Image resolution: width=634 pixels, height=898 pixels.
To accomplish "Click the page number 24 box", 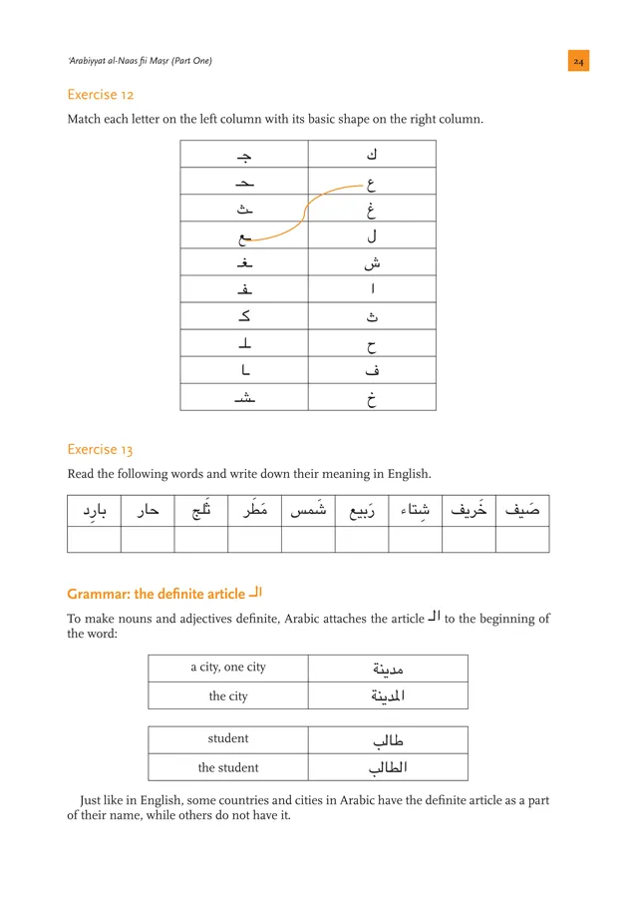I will coord(579,62).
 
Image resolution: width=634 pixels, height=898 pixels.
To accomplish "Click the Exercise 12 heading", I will coord(101,95).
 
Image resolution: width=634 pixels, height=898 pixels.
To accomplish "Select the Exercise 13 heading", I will coord(101,449).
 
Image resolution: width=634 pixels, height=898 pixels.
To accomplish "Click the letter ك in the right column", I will coord(372,154).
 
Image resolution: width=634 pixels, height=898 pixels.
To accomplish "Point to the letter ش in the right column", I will coord(372,263).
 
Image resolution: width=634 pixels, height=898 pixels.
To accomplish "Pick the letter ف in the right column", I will coord(372,370).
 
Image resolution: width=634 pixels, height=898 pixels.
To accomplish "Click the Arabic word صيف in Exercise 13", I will coord(522,511).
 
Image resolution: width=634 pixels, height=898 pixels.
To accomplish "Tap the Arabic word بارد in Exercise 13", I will coord(94,512).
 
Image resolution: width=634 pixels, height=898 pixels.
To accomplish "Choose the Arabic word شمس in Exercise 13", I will coord(308,512).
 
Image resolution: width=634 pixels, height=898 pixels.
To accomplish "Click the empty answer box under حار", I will coord(148,539).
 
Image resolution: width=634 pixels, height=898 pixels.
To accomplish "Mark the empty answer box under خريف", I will coord(469,539).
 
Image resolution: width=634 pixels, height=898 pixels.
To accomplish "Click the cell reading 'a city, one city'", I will coord(228,668).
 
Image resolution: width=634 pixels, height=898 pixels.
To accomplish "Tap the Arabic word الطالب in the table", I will coord(387,767).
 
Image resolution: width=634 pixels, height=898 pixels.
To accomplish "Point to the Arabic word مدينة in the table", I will coord(387,669).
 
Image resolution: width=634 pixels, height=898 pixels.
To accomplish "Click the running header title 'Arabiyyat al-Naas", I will coord(140,62).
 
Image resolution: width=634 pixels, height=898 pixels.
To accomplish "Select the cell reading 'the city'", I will coord(228,695).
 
